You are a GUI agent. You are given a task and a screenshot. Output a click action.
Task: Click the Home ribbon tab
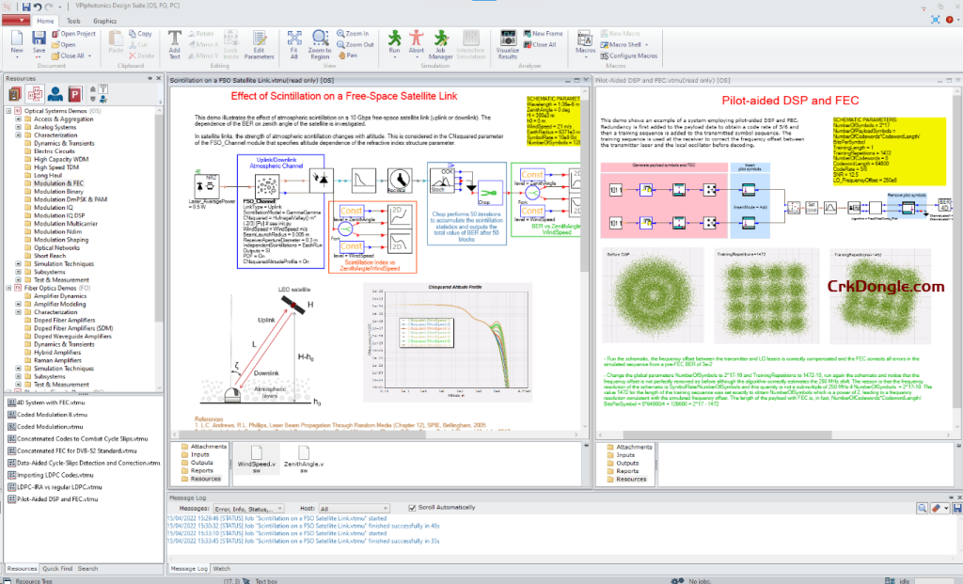(x=44, y=20)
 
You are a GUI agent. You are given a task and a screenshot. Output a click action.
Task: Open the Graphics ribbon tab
(x=104, y=20)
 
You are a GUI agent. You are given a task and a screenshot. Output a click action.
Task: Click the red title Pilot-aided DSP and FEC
(x=775, y=100)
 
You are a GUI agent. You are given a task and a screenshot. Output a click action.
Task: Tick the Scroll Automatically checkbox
(x=411, y=508)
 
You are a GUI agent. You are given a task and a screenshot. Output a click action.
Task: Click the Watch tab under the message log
(x=221, y=569)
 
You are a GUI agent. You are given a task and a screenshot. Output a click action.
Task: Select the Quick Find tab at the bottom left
(x=56, y=569)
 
